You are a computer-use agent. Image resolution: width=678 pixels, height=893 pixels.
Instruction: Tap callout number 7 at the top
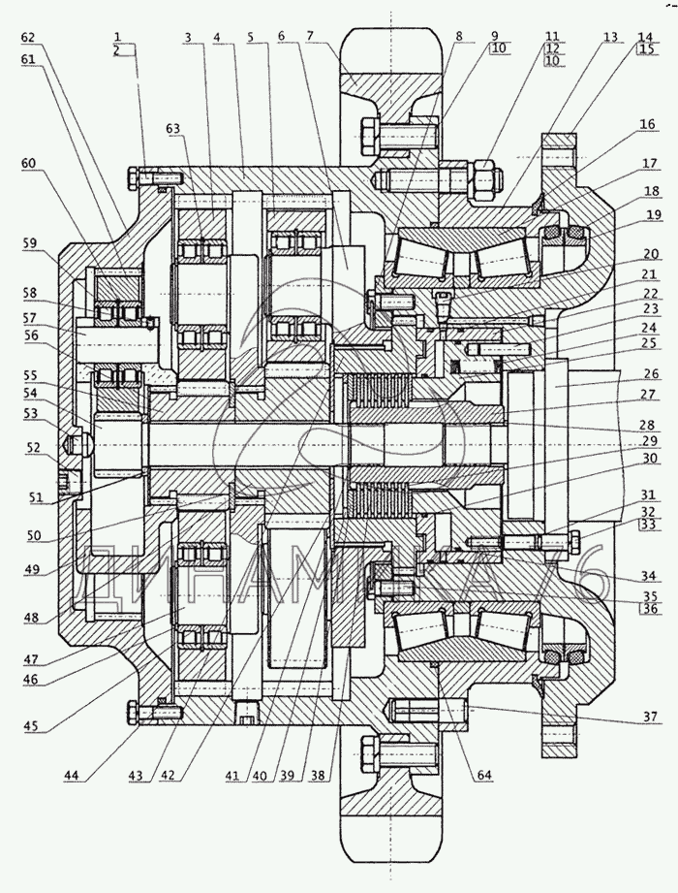310,36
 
